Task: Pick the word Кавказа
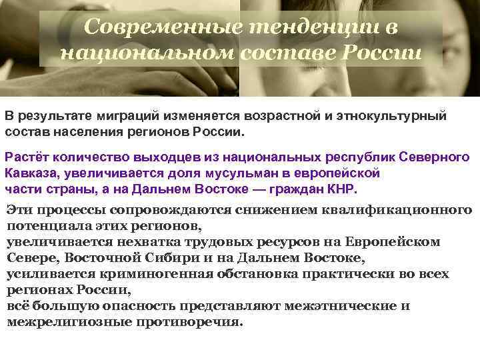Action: (29, 173)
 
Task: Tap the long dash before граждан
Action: (255, 188)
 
